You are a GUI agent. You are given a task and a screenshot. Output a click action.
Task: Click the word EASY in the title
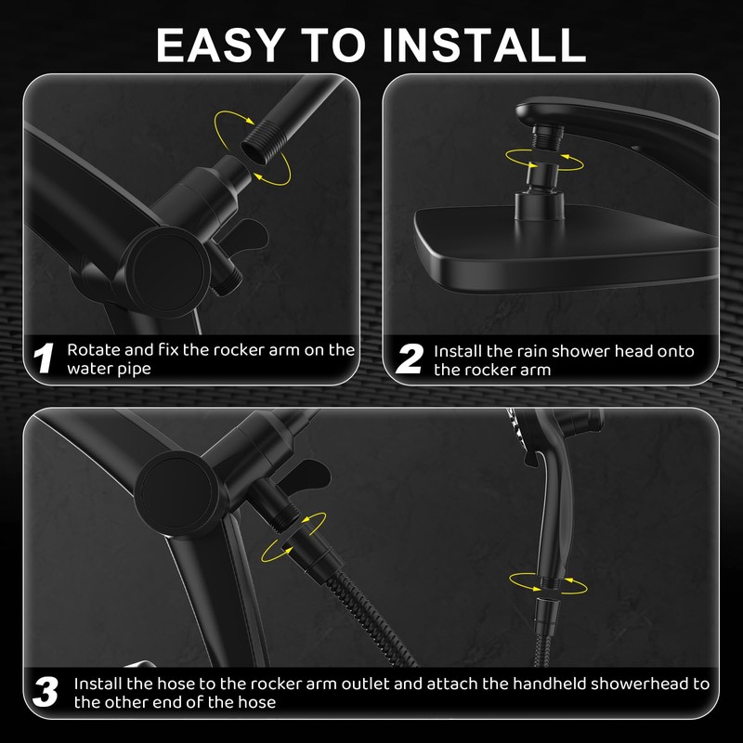pyautogui.click(x=221, y=45)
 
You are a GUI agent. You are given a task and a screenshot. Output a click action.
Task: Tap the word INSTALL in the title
pyautogui.click(x=484, y=45)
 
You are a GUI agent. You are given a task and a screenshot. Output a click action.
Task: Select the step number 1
pyautogui.click(x=44, y=358)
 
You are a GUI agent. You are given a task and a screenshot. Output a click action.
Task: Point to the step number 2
pyautogui.click(x=410, y=358)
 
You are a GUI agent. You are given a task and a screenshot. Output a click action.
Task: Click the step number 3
pyautogui.click(x=46, y=692)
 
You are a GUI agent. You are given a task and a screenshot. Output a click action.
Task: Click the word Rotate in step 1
pyautogui.click(x=94, y=350)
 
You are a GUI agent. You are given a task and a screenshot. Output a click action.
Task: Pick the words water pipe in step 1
pyautogui.click(x=109, y=369)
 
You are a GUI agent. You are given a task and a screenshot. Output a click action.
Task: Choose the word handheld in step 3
pyautogui.click(x=549, y=684)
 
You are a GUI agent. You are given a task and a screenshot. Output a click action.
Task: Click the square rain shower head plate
pyautogui.click(x=564, y=248)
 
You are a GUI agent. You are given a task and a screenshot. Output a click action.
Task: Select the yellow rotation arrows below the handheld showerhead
pyautogui.click(x=548, y=583)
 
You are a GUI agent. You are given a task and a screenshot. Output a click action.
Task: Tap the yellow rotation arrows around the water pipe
pyautogui.click(x=252, y=148)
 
